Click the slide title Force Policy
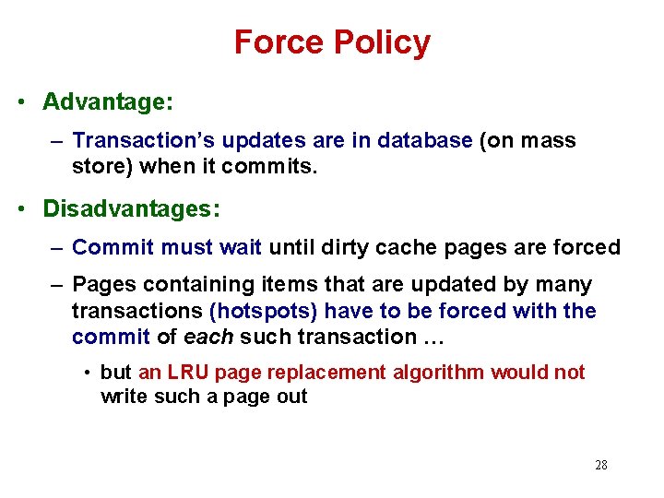(x=332, y=42)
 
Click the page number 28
(x=601, y=465)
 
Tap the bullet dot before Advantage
(x=19, y=102)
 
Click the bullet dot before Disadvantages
(x=19, y=209)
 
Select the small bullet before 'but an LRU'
(x=85, y=373)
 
